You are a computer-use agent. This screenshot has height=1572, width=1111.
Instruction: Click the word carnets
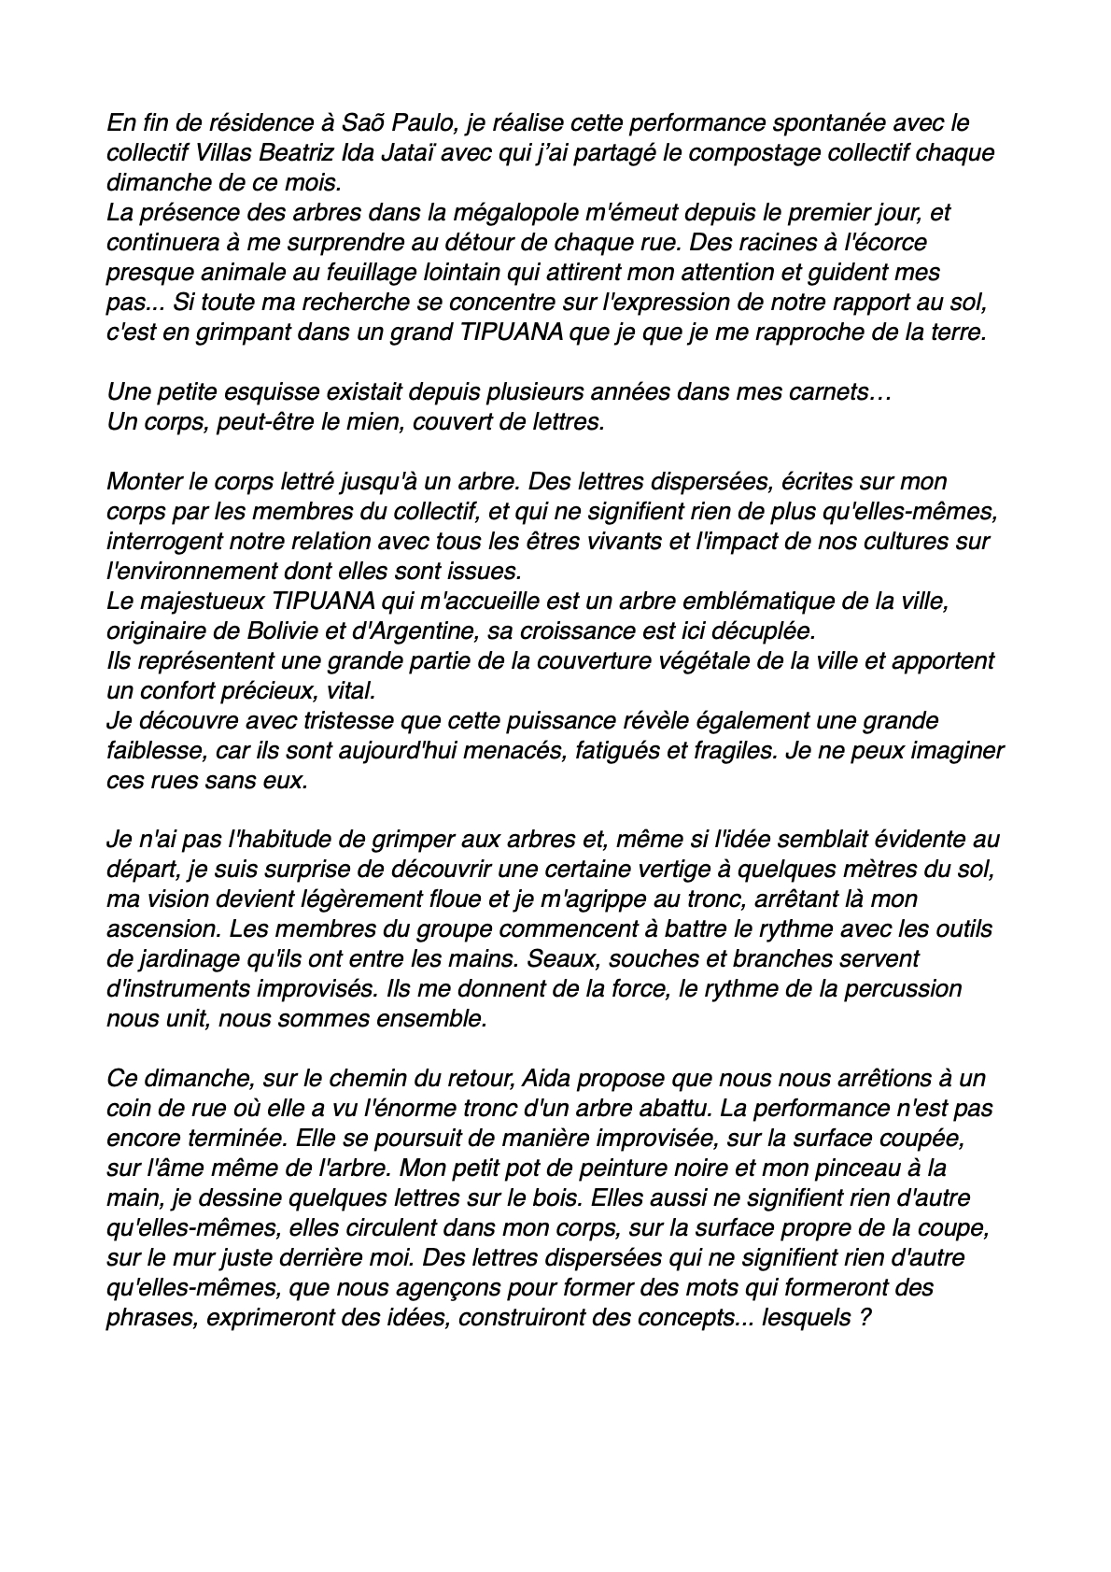coord(831,392)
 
